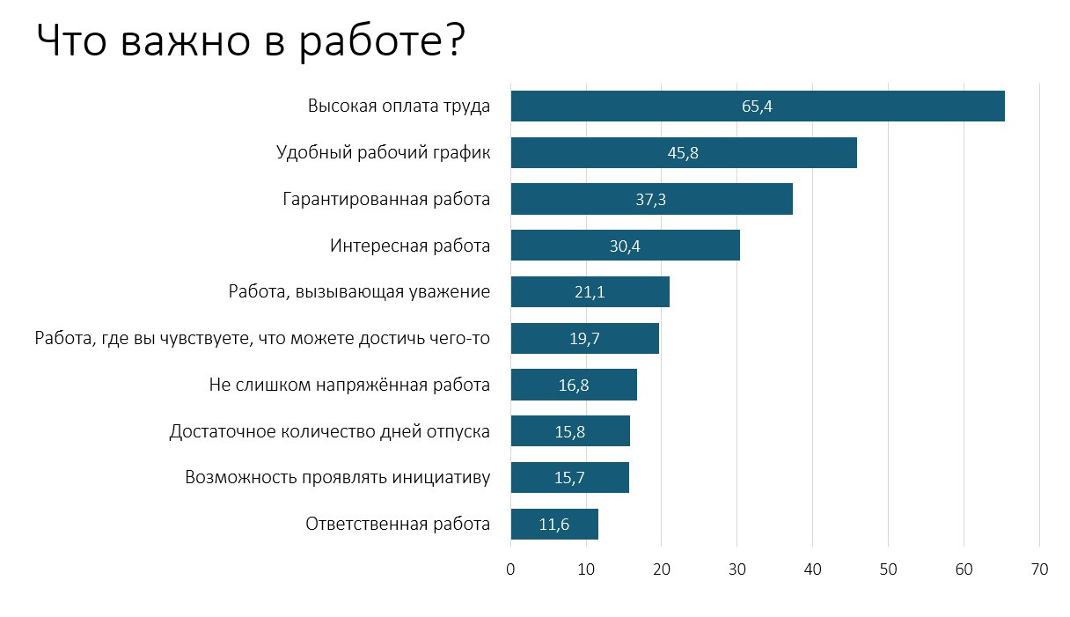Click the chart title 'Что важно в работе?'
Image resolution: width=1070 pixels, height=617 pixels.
(x=251, y=41)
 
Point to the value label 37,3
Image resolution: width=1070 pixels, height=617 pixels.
(x=650, y=200)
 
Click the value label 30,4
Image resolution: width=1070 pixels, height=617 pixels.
(x=625, y=246)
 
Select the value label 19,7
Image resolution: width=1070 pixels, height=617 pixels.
(x=584, y=339)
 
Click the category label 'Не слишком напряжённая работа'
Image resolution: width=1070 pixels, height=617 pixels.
(x=349, y=385)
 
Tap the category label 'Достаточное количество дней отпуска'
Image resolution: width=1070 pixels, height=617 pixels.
(x=329, y=431)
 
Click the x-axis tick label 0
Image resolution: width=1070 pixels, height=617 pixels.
(x=510, y=569)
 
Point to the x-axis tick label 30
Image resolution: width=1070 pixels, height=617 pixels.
(x=737, y=569)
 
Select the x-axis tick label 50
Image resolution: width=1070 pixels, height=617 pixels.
(x=889, y=569)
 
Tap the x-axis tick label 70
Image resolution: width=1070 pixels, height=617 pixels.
(x=1039, y=569)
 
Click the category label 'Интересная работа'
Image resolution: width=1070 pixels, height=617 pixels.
(x=410, y=246)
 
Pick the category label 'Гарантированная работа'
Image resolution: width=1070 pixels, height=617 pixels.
(x=386, y=199)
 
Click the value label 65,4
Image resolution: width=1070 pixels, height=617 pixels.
(x=757, y=107)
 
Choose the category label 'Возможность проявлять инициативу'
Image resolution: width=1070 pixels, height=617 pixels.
(x=337, y=478)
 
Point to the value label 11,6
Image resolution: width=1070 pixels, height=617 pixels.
(x=554, y=525)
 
